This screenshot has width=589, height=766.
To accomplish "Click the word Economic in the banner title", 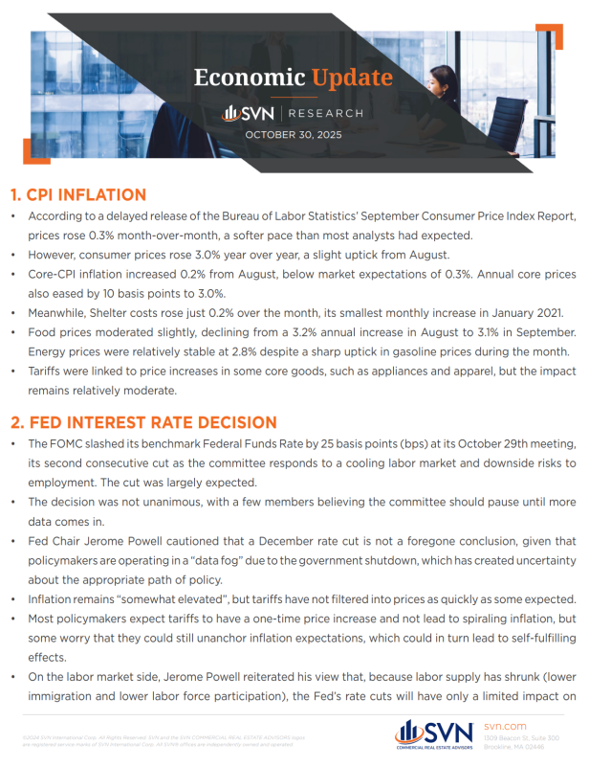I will pos(247,79).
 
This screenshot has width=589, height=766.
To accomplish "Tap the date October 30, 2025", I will pos(294,135).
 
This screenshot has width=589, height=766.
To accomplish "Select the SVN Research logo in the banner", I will pos(293,113).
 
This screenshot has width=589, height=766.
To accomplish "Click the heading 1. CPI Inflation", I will pos(78,195).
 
